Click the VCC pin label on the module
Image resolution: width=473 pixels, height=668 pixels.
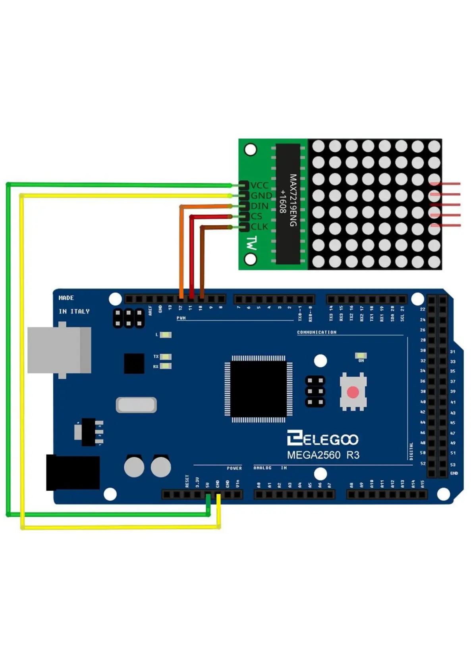tap(259, 185)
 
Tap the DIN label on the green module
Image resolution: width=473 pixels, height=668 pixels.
tap(259, 206)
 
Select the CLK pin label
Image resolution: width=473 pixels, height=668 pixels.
tap(259, 227)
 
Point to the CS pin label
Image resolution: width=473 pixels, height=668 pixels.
tap(256, 216)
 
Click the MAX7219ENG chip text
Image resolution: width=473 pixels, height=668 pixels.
tap(293, 200)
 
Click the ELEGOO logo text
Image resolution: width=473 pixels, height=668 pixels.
tap(322, 439)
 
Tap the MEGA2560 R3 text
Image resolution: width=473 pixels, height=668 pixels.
tap(323, 455)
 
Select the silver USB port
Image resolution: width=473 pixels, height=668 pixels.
tap(59, 350)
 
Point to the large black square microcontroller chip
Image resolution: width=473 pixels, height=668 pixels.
tap(258, 389)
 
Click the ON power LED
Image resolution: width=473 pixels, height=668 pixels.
tap(361, 355)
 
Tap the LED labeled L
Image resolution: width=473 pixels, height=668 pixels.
tap(166, 335)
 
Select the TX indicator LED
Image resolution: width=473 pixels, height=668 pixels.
tap(166, 357)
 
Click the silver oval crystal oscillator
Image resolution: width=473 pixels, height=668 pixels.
tap(136, 405)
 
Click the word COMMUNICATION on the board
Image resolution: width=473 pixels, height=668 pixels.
tap(317, 332)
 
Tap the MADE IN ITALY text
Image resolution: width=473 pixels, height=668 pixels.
tap(74, 305)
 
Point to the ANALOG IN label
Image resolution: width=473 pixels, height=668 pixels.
tap(270, 468)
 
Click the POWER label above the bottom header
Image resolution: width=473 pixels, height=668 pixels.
tap(234, 468)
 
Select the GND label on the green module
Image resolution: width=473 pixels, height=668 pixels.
tap(261, 196)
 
